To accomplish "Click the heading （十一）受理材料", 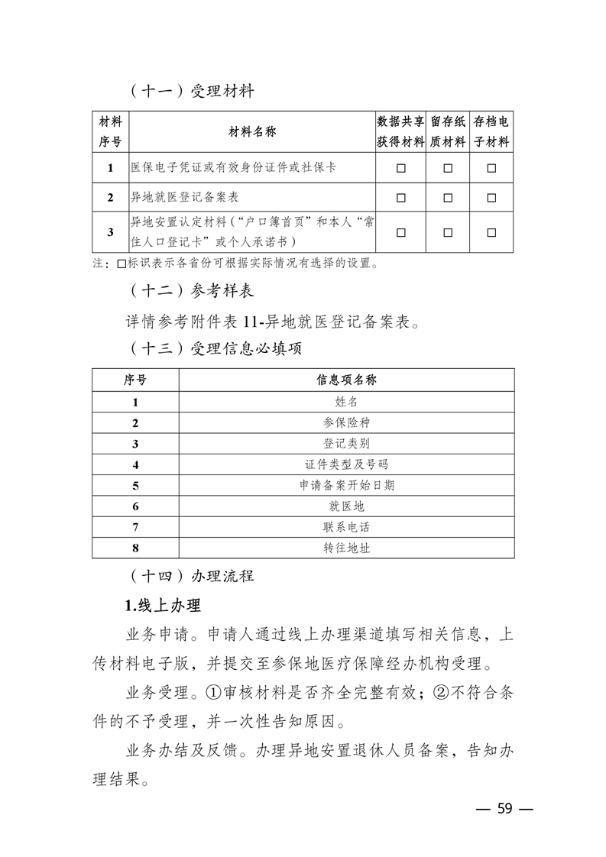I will pos(192,92).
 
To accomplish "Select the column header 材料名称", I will pos(252,132).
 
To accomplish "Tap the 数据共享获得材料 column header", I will pos(400,132).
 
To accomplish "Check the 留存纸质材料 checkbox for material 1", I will pos(448,168).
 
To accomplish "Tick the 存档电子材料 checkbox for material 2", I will pos(491,197).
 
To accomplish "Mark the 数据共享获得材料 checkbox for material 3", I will pos(400,233).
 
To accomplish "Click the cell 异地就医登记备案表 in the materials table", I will pos(186,197).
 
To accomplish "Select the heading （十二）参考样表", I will pos(192,292).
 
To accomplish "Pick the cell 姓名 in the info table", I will pos(346,401).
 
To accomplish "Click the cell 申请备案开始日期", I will pos(346,485).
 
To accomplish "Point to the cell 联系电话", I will pos(346,527).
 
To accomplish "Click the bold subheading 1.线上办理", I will pos(162,606).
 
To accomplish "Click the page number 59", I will pos(504,809).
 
